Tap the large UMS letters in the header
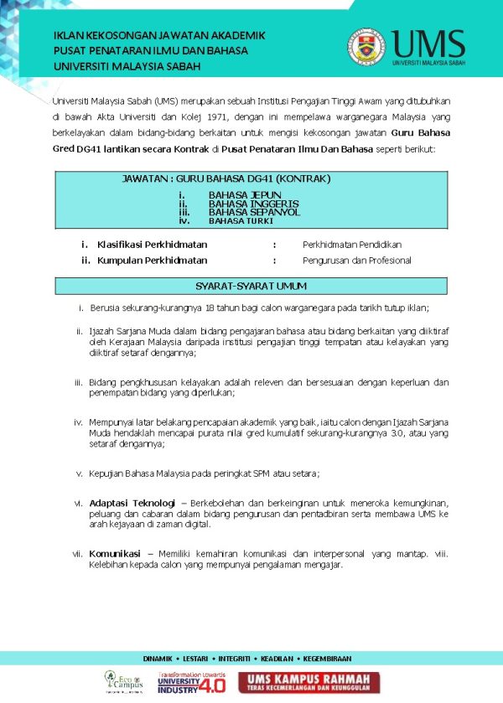(427, 42)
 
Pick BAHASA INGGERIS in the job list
(253, 204)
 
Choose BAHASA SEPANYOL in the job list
(254, 212)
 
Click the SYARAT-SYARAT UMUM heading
(251, 287)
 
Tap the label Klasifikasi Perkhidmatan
(152, 245)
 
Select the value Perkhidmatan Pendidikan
(352, 245)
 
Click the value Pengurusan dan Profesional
(357, 261)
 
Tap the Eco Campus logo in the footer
(122, 680)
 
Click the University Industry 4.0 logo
(191, 681)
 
